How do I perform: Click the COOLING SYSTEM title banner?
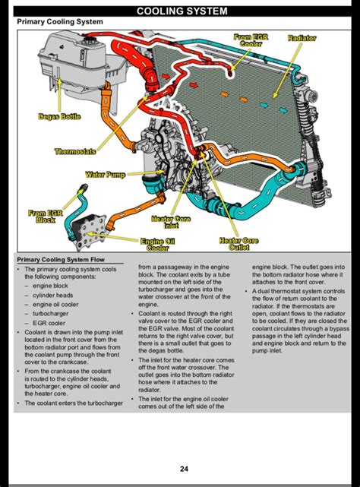(x=180, y=10)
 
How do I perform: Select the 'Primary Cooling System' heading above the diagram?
(x=59, y=22)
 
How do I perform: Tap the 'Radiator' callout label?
(x=302, y=38)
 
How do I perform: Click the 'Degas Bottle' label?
(x=59, y=116)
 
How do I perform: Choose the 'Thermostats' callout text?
(x=75, y=151)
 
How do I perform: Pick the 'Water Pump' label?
(x=105, y=175)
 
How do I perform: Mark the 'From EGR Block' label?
(x=45, y=217)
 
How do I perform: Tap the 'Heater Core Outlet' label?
(x=239, y=244)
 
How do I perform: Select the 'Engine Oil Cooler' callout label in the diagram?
(x=156, y=244)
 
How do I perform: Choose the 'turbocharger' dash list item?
(x=55, y=312)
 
